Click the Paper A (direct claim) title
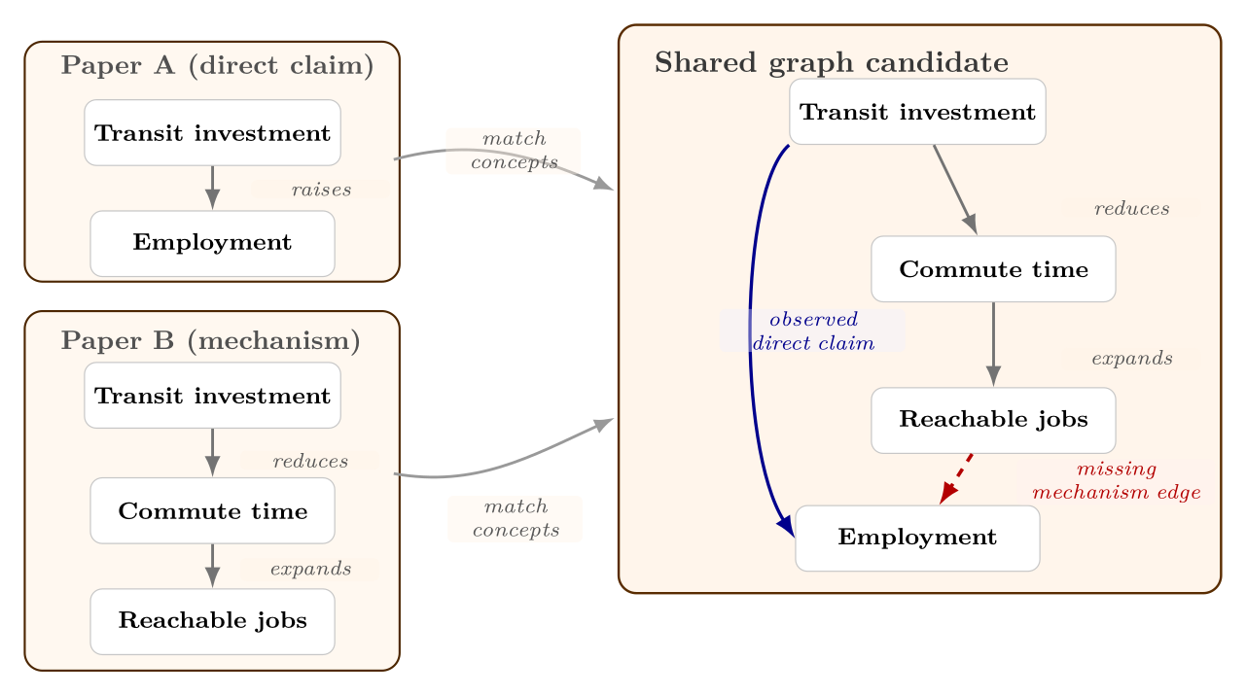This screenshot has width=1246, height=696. click(x=217, y=66)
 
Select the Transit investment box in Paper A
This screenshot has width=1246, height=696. click(x=212, y=132)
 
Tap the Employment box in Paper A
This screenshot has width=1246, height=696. click(x=212, y=243)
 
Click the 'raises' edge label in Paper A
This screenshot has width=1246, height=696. click(x=321, y=190)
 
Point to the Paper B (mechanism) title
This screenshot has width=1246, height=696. click(x=210, y=341)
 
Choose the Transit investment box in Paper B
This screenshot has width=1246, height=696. click(x=212, y=396)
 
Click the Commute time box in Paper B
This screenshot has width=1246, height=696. click(x=212, y=510)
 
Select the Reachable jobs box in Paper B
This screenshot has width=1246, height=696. click(x=212, y=621)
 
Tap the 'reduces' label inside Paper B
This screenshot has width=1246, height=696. click(x=310, y=461)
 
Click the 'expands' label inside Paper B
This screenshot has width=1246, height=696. click(x=310, y=569)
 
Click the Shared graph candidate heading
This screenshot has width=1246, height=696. click(x=831, y=63)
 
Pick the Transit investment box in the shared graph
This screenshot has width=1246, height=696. click(x=917, y=112)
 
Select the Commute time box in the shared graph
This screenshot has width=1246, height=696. click(x=993, y=269)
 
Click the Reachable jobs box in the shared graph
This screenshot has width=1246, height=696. click(x=993, y=420)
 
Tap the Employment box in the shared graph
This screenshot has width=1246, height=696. click(x=917, y=538)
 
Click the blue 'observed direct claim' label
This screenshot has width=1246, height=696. click(x=813, y=331)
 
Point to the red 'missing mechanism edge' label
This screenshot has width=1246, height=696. click(x=1116, y=481)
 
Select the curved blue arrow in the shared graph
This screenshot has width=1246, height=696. click(x=750, y=331)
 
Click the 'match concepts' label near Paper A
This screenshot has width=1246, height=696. click(x=514, y=151)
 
